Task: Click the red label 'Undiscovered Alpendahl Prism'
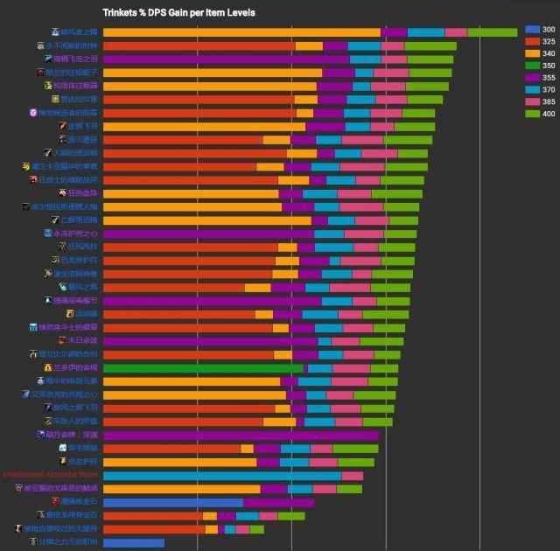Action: pyautogui.click(x=50, y=476)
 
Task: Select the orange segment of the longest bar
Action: pyautogui.click(x=241, y=32)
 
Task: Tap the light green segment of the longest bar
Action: pyautogui.click(x=493, y=32)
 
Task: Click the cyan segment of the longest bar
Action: pyautogui.click(x=426, y=32)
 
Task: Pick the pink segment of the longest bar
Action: pyautogui.click(x=456, y=32)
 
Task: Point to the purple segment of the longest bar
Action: pyautogui.click(x=395, y=32)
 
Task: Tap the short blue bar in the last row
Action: pyautogui.click(x=133, y=543)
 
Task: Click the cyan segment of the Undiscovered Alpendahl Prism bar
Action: pyautogui.click(x=222, y=476)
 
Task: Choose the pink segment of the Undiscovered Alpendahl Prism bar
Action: pyautogui.click(x=353, y=476)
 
